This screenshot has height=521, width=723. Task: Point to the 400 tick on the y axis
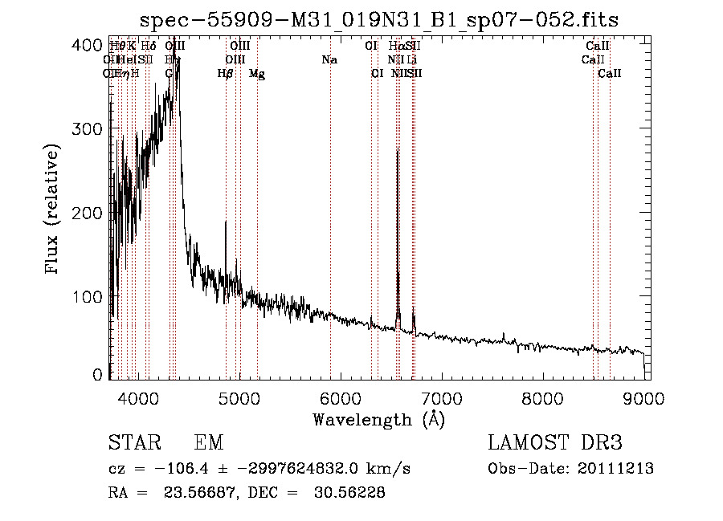pyautogui.click(x=110, y=45)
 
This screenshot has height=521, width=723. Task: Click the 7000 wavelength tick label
pyautogui.click(x=442, y=397)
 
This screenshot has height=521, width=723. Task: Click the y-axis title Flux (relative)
pyautogui.click(x=53, y=210)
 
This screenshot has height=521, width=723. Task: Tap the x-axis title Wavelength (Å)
pyautogui.click(x=378, y=419)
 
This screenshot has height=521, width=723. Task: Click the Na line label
pyautogui.click(x=329, y=60)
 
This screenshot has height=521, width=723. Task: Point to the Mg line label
pyautogui.click(x=257, y=74)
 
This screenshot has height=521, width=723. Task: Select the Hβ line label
pyautogui.click(x=226, y=74)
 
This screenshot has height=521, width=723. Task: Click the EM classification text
pyautogui.click(x=209, y=443)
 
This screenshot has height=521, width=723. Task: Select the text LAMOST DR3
pyautogui.click(x=555, y=443)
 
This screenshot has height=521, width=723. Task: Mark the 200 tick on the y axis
pyautogui.click(x=110, y=213)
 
